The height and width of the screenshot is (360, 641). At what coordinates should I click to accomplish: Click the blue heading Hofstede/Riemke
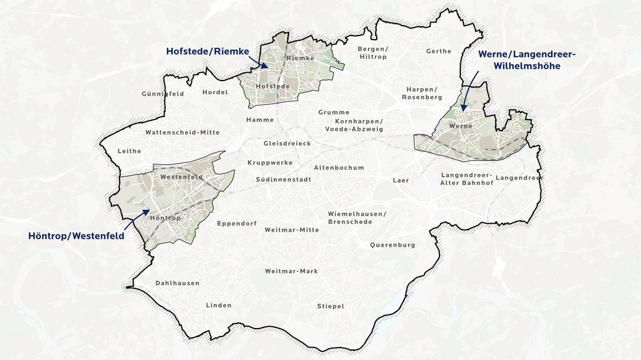[207, 52]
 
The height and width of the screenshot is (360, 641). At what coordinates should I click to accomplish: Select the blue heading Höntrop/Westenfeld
[76, 236]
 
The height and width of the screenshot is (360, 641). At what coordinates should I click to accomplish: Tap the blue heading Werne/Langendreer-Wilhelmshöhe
[527, 60]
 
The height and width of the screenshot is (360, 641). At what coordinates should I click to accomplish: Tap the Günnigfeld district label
[163, 94]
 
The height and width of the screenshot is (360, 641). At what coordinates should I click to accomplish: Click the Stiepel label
[331, 306]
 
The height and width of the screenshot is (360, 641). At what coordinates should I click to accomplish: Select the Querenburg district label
[393, 245]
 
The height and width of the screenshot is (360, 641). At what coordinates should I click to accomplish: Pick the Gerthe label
[439, 52]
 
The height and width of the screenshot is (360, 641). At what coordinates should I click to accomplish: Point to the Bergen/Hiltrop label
[373, 53]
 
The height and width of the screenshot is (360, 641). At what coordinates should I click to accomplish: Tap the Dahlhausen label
[177, 283]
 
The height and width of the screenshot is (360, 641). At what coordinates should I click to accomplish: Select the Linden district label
[219, 306]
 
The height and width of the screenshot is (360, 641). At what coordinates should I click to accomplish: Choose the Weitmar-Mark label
[291, 271]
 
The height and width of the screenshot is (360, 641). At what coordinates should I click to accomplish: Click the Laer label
[401, 180]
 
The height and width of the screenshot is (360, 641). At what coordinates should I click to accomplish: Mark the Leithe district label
[130, 151]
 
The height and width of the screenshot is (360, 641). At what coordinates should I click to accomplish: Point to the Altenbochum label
[339, 168]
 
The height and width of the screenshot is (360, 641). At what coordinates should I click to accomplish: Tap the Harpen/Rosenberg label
[422, 93]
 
